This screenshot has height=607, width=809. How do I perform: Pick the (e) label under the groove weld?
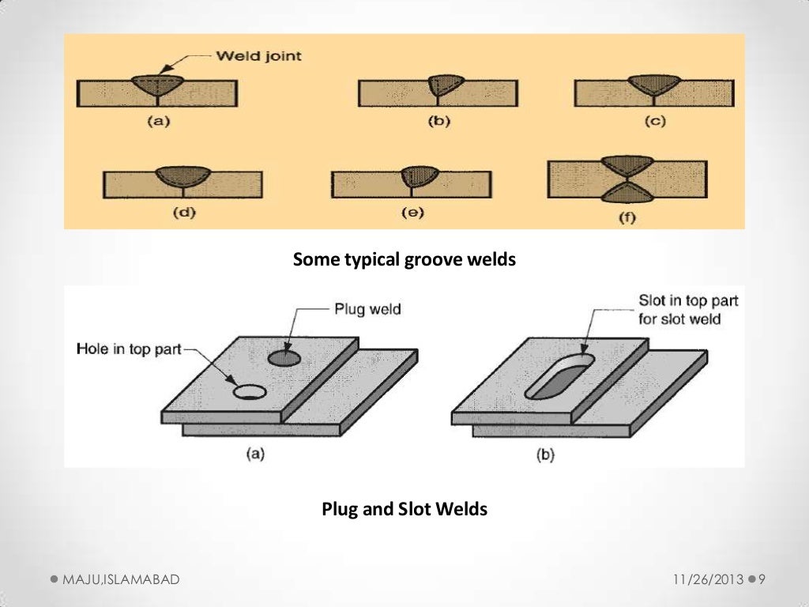(x=411, y=213)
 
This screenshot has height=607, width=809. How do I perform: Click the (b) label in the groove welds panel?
(x=437, y=123)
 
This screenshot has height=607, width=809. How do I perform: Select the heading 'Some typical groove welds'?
(x=404, y=259)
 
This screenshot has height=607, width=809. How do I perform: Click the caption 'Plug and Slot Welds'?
(x=404, y=510)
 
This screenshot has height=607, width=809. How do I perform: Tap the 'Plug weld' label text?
(x=367, y=309)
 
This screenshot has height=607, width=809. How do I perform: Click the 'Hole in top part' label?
(x=129, y=349)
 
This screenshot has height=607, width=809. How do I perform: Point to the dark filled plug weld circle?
(x=284, y=359)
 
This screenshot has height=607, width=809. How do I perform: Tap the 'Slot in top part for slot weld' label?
(x=687, y=310)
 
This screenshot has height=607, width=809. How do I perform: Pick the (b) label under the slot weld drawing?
(x=545, y=456)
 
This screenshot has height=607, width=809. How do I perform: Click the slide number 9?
(x=762, y=580)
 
